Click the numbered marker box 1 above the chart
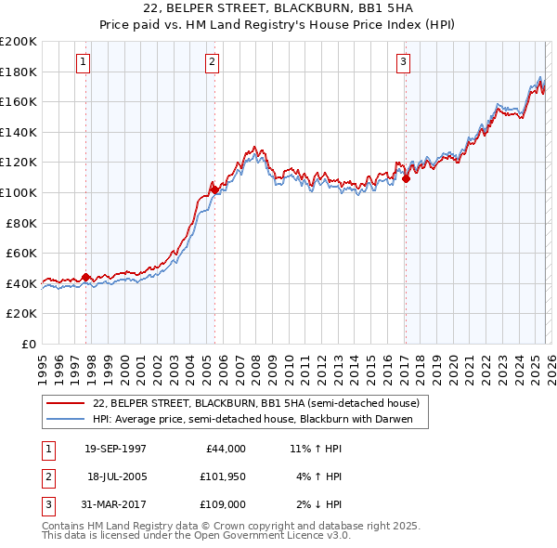click(x=84, y=62)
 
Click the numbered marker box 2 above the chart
click(x=212, y=62)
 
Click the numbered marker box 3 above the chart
click(x=404, y=62)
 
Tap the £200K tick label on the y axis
click(x=19, y=42)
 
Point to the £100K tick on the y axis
click(x=19, y=192)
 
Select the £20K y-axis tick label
click(x=21, y=314)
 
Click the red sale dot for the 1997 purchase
click(x=86, y=277)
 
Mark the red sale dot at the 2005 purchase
click(x=214, y=189)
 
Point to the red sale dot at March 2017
click(x=407, y=179)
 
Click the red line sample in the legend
click(x=66, y=403)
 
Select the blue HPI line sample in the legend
click(x=66, y=419)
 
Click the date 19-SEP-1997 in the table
click(x=115, y=449)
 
